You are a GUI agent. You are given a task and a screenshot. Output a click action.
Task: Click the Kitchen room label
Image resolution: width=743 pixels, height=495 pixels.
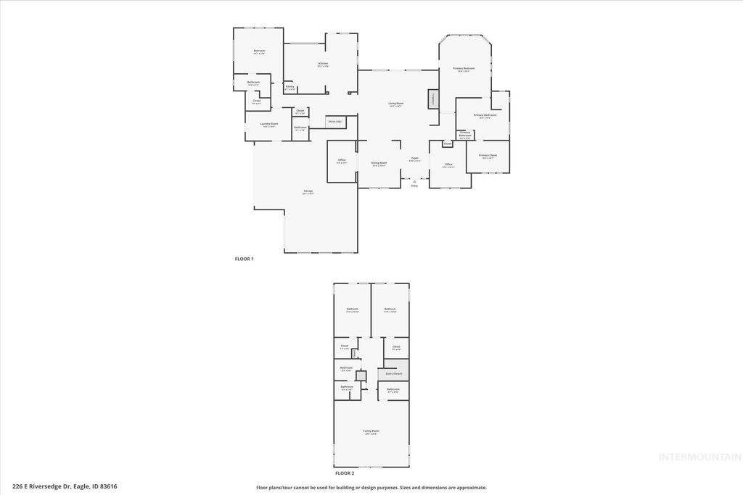coord(323,64)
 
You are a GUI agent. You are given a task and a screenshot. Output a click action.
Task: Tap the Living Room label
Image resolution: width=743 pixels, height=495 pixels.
coord(395,104)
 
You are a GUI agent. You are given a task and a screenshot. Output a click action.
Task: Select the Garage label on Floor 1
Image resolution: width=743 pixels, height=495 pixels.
coord(308,191)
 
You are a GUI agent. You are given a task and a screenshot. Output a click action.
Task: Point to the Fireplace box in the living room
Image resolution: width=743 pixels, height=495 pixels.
coord(434,99)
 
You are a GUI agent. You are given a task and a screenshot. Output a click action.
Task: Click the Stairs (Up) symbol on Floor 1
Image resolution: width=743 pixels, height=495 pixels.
coord(334,122)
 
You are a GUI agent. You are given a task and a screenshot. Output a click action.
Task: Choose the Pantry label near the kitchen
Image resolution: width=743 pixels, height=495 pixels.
coord(290,87)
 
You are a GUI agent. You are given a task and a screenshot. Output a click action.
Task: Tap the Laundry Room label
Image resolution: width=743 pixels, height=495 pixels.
coord(270,124)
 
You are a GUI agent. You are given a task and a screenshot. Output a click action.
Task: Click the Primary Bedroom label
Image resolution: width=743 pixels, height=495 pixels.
coord(464,69)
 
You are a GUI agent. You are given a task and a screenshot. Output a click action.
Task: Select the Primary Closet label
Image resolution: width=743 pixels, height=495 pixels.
coord(488,156)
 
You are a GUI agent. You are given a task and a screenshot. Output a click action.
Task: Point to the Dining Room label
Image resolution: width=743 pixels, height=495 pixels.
coord(379,163)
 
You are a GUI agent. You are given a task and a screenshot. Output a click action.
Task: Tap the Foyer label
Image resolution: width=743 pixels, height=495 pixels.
coord(414,158)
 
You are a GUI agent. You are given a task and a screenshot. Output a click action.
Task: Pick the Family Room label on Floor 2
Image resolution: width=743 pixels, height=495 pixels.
coord(371,431)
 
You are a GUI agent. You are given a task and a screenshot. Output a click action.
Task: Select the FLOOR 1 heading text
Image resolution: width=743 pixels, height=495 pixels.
coord(244,259)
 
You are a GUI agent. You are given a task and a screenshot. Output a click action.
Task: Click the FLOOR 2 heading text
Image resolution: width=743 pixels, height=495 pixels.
coord(344,473)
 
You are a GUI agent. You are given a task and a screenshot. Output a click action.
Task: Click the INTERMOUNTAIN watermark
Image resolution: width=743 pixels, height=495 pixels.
coord(699,457)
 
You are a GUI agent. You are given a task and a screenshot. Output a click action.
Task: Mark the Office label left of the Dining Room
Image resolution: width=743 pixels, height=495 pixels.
coord(341,161)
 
